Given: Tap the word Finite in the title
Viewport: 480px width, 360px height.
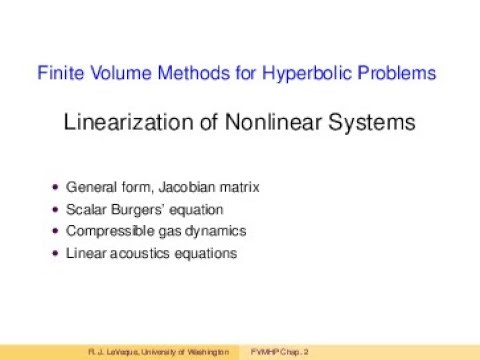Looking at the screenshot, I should point(58,73).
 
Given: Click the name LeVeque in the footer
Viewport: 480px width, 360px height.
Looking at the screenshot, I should point(114,352).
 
